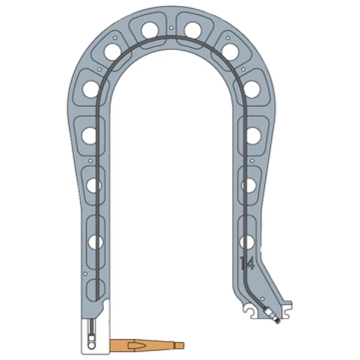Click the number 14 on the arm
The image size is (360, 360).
tap(247, 263)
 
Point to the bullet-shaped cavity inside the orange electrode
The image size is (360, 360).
tap(136, 345)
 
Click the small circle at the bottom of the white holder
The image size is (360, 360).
tap(92, 346)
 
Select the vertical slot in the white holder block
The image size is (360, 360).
tap(92, 329)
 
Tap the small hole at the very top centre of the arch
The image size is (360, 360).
tap(171, 28)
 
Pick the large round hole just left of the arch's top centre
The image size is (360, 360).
tap(149, 31)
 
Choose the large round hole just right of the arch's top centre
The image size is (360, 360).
tap(193, 31)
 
